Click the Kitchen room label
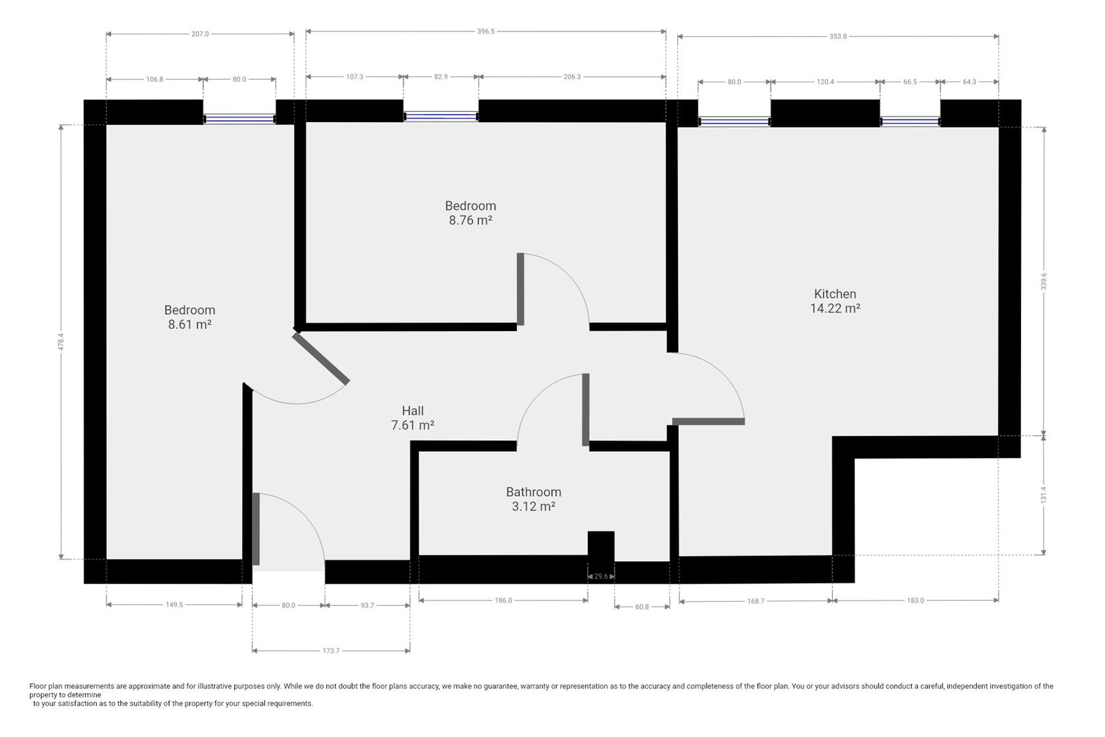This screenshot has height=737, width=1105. click(x=835, y=294)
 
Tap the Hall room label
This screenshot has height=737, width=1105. click(x=413, y=411)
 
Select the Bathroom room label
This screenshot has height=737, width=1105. click(x=533, y=492)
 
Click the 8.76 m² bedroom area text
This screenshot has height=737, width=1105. click(x=470, y=220)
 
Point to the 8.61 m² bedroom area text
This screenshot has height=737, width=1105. click(x=190, y=324)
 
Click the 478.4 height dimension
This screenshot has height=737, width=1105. click(x=61, y=342)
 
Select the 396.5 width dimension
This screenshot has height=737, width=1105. click(x=486, y=31)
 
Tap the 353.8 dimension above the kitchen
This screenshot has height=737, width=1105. click(x=838, y=37)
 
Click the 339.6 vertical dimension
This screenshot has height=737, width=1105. click(x=1044, y=281)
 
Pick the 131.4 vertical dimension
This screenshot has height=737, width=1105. click(x=1044, y=495)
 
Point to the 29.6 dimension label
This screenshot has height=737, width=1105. click(x=601, y=576)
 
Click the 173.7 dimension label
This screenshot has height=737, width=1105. click(x=331, y=650)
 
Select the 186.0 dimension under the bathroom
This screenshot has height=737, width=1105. click(x=503, y=601)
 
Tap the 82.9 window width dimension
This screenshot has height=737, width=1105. click(x=441, y=77)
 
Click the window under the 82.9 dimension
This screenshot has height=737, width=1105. click(x=441, y=117)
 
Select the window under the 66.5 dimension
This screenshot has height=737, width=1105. click(x=910, y=121)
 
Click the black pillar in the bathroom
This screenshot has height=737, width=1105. click(x=601, y=547)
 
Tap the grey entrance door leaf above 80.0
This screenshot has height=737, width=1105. click(x=256, y=529)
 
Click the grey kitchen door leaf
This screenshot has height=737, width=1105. click(x=709, y=422)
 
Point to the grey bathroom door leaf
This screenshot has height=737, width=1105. click(x=585, y=409)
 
